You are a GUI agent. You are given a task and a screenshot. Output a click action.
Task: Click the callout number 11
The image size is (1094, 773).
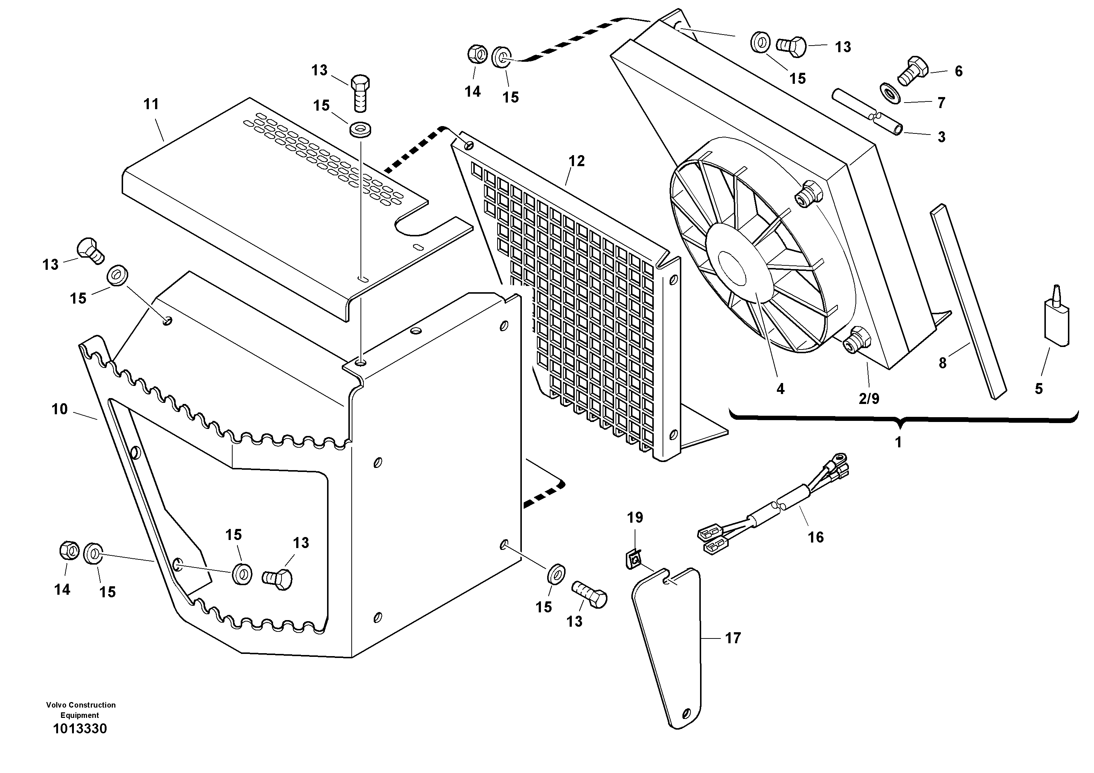[x=151, y=104]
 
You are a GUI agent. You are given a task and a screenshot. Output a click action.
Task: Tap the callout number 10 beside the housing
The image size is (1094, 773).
[x=60, y=409]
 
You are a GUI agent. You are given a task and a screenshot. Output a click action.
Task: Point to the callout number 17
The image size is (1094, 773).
[x=733, y=638]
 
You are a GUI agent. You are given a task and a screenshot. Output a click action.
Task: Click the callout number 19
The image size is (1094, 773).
[x=635, y=518]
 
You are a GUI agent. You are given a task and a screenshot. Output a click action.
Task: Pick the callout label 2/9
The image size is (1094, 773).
[x=869, y=399]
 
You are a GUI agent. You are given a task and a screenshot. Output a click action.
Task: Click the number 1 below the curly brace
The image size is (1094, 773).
[x=898, y=442]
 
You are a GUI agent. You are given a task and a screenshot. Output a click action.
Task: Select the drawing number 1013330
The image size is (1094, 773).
[x=80, y=729]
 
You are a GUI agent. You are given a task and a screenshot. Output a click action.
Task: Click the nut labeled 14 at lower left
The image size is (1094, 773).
[x=69, y=551]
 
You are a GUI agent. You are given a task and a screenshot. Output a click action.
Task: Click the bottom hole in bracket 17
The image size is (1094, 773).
[x=686, y=713]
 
